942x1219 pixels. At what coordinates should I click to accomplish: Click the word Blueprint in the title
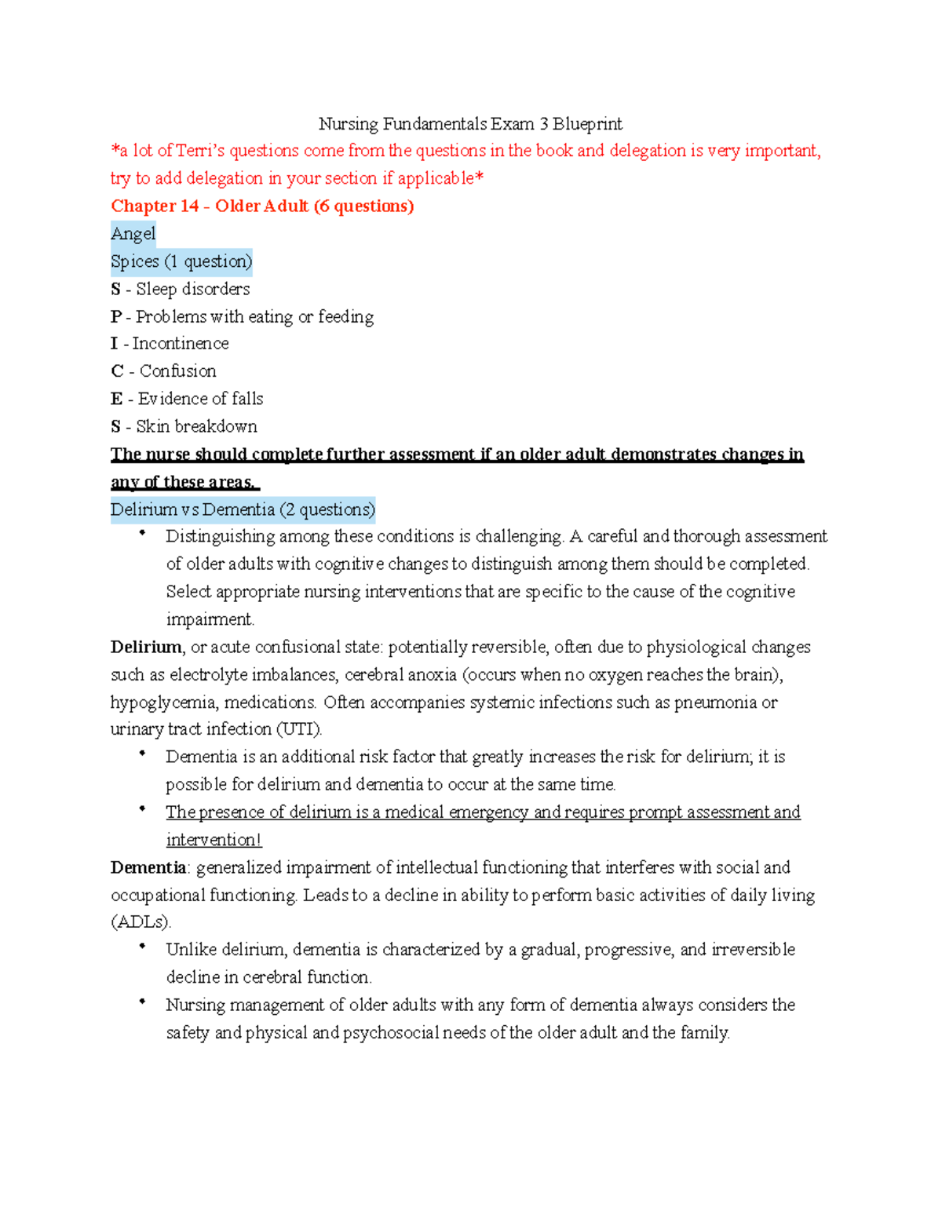[587, 124]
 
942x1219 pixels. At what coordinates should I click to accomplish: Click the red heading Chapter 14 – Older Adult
[262, 206]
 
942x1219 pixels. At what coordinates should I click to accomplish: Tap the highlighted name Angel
[133, 234]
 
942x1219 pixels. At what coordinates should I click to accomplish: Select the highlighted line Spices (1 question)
[181, 261]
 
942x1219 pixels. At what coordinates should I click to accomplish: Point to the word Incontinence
[181, 344]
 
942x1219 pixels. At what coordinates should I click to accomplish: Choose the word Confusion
[177, 371]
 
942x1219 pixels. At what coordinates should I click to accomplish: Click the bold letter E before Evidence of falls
[116, 399]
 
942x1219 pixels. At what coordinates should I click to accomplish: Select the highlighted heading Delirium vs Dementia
[243, 509]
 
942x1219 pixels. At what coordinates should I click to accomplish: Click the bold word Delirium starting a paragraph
[146, 647]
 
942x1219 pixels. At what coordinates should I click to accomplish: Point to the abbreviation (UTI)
[299, 729]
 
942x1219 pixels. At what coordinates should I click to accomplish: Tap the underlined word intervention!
[214, 840]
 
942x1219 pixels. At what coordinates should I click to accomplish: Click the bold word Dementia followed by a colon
[148, 867]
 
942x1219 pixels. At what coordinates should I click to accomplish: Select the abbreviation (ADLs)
[141, 922]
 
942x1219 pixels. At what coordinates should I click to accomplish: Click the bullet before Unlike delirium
[142, 947]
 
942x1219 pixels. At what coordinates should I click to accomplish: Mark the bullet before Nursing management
[142, 1002]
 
